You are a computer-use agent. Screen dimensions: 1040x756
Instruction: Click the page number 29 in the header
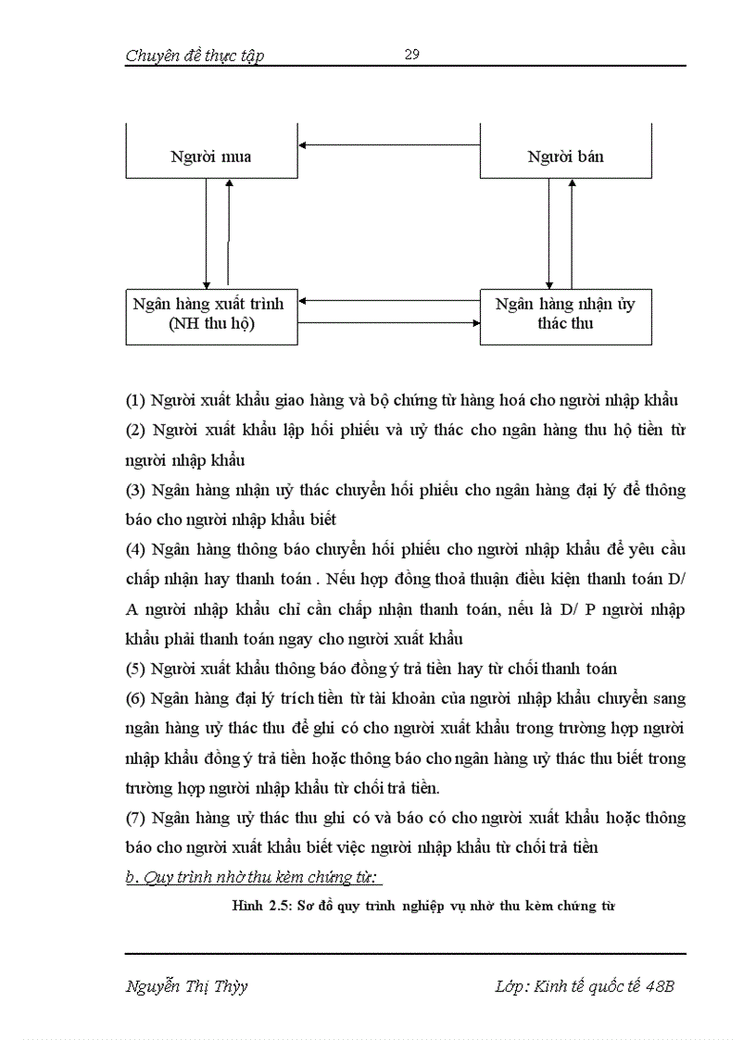[412, 55]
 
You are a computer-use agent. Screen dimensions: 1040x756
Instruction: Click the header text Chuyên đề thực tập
[195, 56]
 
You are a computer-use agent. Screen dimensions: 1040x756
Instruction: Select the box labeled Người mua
[211, 156]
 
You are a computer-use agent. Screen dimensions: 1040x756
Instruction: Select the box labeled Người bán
[565, 156]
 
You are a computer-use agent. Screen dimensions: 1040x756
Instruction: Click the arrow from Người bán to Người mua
[389, 144]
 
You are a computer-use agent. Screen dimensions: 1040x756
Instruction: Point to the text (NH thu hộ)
[212, 325]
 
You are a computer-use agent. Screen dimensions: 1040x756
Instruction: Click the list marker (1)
[135, 400]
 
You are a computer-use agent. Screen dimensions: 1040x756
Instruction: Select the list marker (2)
[135, 431]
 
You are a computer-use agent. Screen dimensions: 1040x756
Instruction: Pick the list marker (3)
[135, 490]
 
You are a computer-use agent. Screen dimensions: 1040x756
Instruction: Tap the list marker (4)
[135, 549]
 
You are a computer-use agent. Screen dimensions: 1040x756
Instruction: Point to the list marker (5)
[135, 669]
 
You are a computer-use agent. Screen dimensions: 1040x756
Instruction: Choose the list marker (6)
[135, 698]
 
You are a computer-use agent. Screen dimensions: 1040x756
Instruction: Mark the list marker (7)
[135, 818]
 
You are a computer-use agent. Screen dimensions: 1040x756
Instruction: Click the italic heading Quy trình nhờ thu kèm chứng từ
[260, 877]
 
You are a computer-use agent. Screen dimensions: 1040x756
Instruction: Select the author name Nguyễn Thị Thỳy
[186, 985]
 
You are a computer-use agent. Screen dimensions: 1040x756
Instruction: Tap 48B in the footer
[660, 985]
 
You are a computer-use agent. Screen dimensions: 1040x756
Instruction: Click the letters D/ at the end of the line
[675, 580]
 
